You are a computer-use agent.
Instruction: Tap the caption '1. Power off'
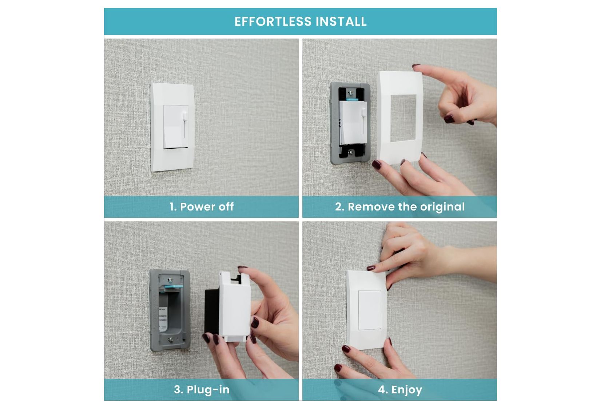201,207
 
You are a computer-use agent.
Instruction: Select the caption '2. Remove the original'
400,207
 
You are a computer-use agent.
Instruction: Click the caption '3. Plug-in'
201,390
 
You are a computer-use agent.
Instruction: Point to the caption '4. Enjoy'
400,390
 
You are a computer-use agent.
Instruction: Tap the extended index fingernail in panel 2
416,67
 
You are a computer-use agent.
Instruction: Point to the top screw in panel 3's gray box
170,280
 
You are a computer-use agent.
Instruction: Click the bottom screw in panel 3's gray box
170,340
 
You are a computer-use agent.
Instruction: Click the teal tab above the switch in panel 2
351,99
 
